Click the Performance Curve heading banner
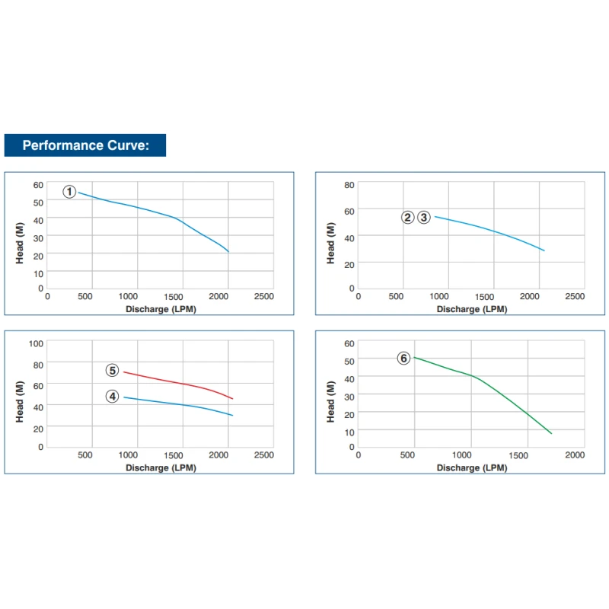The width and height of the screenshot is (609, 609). [x=84, y=145]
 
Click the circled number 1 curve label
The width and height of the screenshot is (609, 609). [x=69, y=192]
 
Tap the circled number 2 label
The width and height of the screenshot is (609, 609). [x=408, y=217]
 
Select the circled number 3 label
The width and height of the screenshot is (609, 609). [x=424, y=217]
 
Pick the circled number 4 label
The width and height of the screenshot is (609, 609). [x=112, y=396]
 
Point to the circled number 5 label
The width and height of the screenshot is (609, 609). [x=112, y=371]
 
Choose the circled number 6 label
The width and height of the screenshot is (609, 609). [x=403, y=358]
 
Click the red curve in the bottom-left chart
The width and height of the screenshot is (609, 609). [x=183, y=384]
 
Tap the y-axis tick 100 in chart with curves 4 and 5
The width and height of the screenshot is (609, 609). [x=37, y=343]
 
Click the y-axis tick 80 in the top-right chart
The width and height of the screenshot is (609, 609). [x=349, y=185]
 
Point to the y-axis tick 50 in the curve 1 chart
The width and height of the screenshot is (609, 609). [x=38, y=202]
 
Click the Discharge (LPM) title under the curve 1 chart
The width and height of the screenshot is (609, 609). [x=161, y=309]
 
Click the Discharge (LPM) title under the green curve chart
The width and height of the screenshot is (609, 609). [x=471, y=467]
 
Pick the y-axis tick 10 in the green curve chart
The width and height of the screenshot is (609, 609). [x=349, y=432]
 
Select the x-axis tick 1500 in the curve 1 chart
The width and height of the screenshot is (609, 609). [x=177, y=296]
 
